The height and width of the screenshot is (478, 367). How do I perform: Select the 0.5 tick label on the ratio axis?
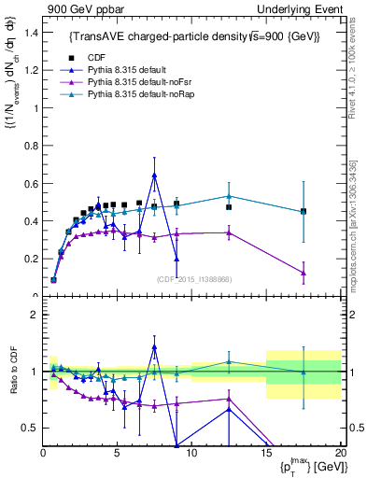tap(30, 428)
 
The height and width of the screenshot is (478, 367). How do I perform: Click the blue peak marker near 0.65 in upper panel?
tap(154, 175)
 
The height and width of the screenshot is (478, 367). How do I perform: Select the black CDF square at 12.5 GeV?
tap(229, 207)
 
